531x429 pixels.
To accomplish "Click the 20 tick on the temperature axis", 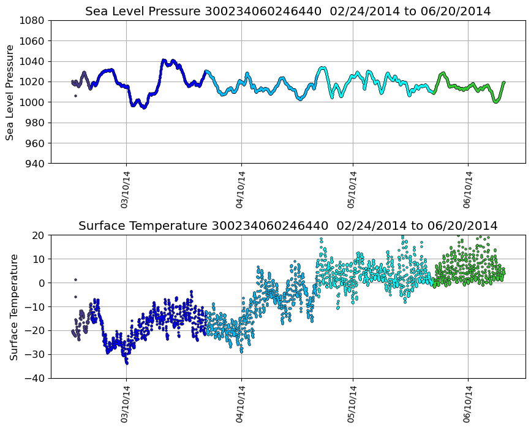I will click(x=38, y=235).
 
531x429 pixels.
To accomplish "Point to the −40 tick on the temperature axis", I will click(x=35, y=378).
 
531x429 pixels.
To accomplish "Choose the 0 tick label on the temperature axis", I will click(x=41, y=283).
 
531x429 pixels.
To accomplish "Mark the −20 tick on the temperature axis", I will click(x=35, y=331).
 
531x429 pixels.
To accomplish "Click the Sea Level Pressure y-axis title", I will click(x=10, y=92).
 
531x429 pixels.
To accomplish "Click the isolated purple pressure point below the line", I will click(x=75, y=96).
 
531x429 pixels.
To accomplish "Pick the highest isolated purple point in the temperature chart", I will click(x=75, y=279).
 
